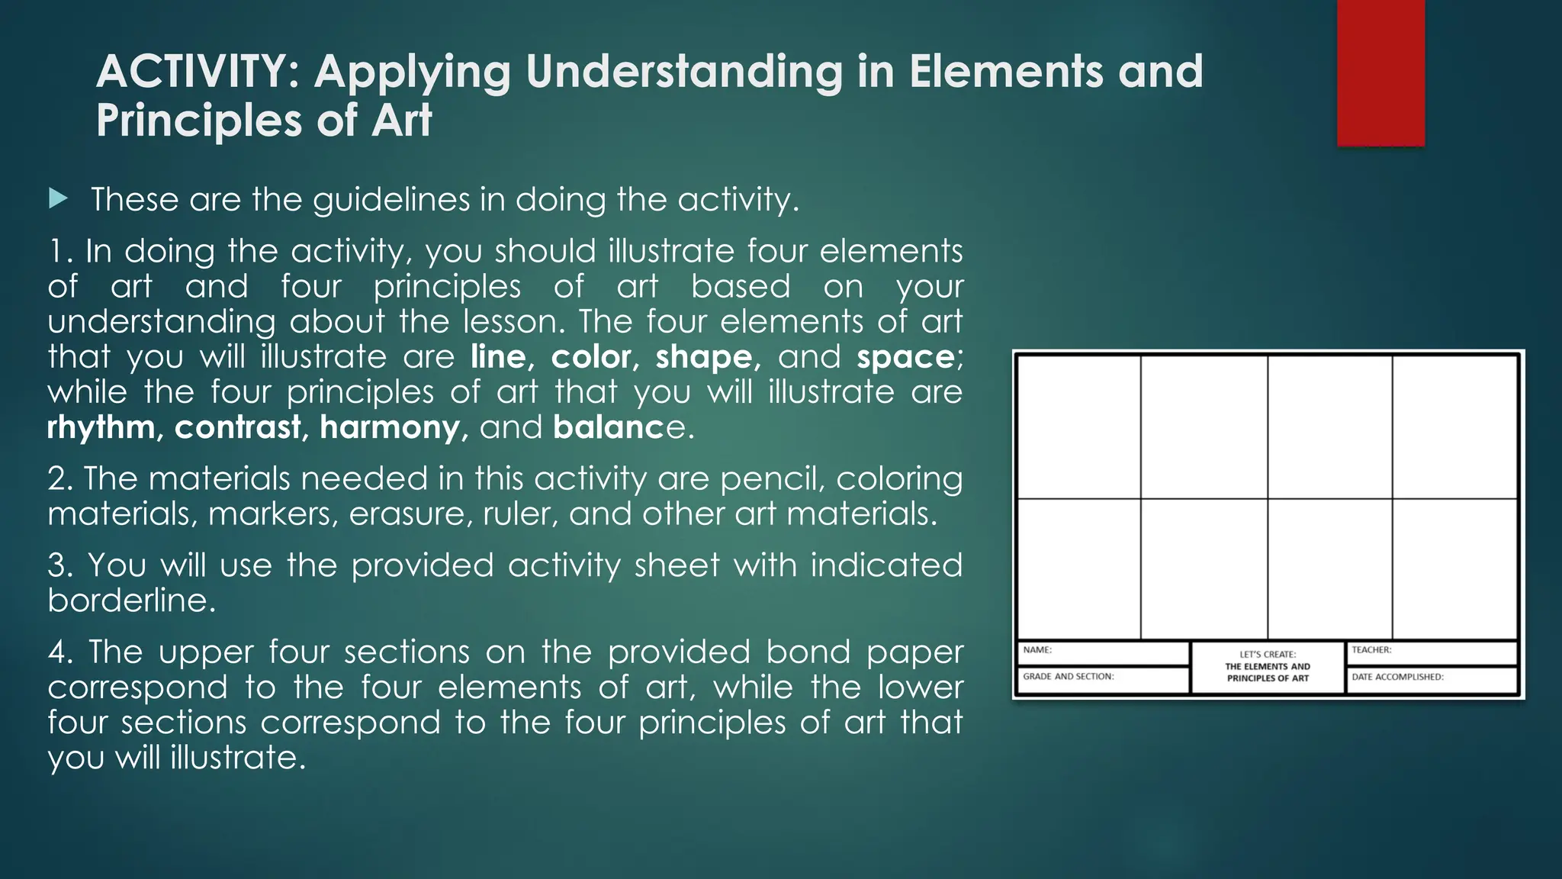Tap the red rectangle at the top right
1380,72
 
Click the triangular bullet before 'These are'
58,199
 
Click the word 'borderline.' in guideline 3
132,600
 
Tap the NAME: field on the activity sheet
1103,652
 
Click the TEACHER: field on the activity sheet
1431,652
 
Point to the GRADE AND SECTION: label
1068,677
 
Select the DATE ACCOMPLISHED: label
1397,677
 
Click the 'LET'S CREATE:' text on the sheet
1267,655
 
